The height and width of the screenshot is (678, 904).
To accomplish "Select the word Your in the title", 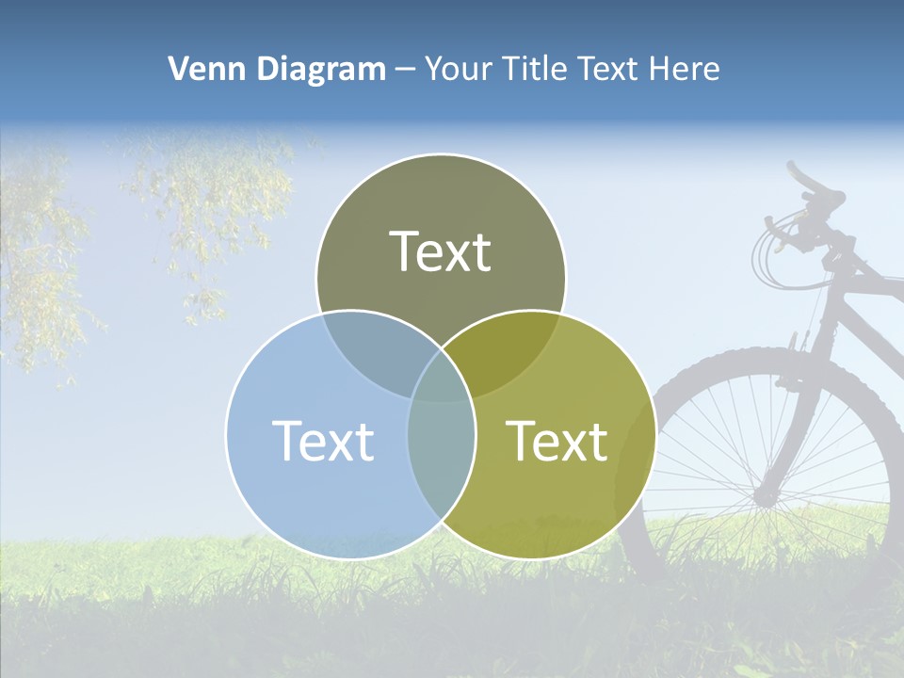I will point(460,69).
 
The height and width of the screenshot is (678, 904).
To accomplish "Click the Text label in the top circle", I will point(441,252).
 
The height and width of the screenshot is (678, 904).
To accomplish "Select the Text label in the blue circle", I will point(323,441).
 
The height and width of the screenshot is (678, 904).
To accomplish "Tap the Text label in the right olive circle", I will point(557,441).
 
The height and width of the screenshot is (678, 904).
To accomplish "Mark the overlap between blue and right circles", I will point(441,452).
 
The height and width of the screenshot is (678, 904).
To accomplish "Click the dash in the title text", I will point(406,70).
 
